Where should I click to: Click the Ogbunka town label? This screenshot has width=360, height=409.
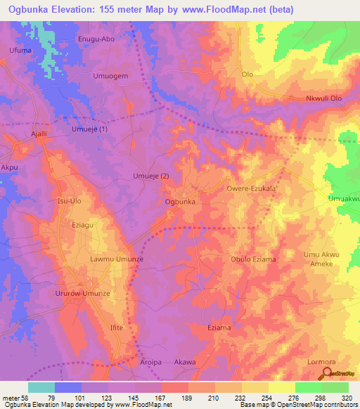(179, 202)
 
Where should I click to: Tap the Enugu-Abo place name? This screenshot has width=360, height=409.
(96, 40)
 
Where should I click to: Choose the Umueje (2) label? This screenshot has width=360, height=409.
(151, 176)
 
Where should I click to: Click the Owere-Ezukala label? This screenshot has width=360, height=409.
(250, 189)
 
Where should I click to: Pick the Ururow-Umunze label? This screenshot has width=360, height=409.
(84, 292)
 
